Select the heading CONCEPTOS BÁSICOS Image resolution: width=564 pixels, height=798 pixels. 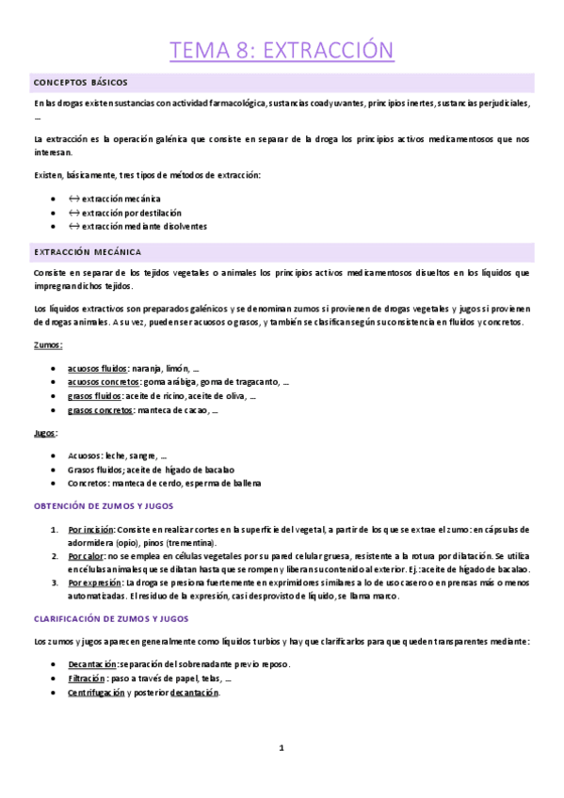tap(80, 83)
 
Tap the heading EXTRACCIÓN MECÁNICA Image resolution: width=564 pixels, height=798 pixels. tap(87, 252)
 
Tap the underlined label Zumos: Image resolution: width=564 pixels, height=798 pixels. tap(47, 345)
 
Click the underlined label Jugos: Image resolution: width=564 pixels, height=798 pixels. tap(45, 433)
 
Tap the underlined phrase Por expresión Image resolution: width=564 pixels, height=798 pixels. tap(94, 584)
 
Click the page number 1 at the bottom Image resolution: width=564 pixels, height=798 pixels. tap(282, 747)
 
